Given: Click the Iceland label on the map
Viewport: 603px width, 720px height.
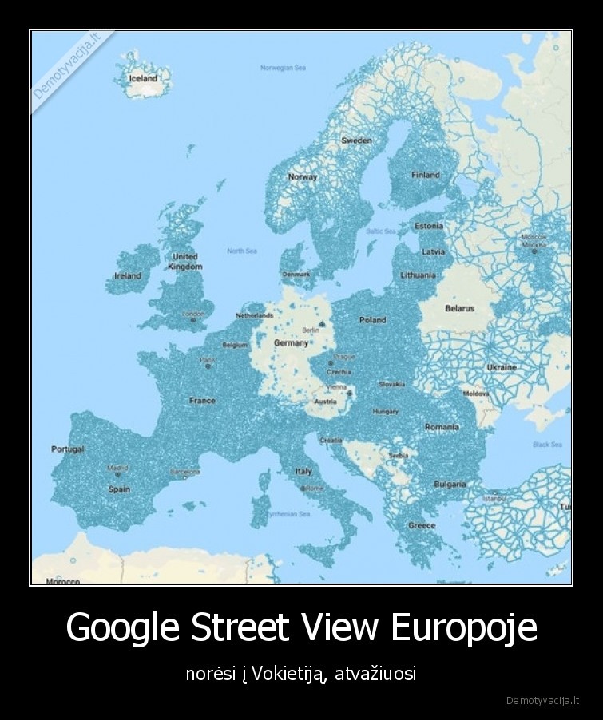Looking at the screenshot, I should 143,79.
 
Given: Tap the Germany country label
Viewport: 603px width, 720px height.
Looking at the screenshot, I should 290,342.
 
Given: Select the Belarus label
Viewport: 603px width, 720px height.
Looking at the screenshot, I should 459,308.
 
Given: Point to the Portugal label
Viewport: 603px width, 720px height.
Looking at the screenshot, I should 68,449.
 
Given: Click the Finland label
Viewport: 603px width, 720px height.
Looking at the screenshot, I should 425,175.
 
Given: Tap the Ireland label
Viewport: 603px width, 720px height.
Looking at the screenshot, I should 128,275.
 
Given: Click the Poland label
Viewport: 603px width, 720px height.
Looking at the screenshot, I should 372,320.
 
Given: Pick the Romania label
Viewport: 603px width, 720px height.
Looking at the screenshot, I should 442,427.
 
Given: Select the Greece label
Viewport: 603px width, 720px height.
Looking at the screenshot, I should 422,525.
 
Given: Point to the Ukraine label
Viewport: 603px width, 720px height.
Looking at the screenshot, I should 501,367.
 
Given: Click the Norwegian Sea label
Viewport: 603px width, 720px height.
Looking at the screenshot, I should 283,68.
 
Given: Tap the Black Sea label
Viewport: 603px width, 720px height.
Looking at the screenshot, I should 547,445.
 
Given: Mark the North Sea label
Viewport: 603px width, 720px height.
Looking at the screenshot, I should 241,251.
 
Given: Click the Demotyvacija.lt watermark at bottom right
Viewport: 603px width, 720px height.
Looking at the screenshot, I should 543,701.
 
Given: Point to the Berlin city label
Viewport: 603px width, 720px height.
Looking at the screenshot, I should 311,330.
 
